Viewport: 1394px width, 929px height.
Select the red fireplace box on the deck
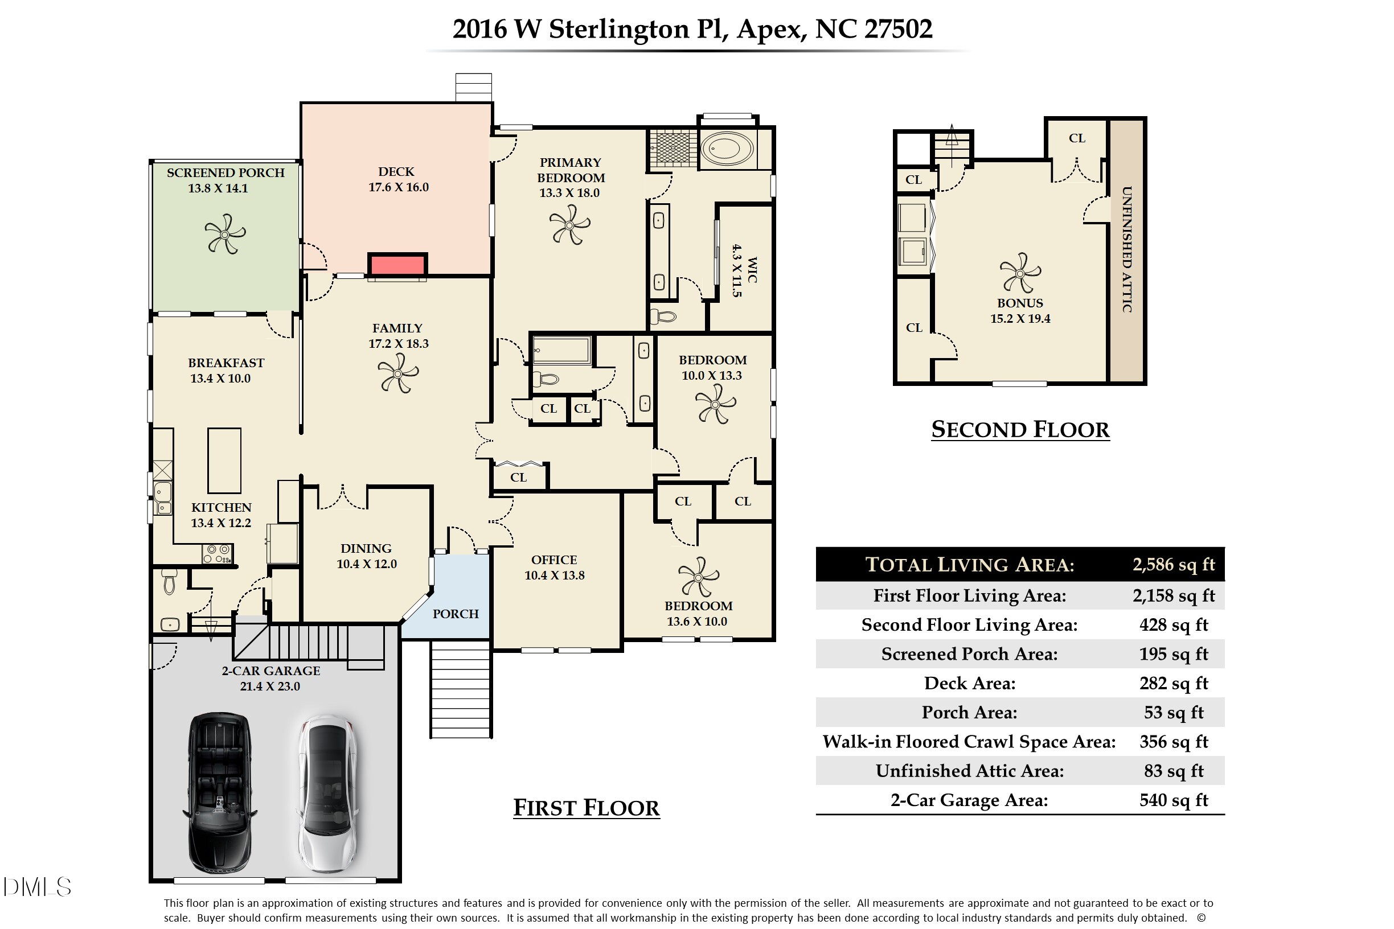(397, 264)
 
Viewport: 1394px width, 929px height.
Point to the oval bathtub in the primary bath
(727, 149)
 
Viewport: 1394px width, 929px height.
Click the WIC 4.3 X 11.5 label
(744, 270)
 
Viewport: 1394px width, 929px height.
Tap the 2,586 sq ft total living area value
(1173, 565)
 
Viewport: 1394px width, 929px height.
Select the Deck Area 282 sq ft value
(1173, 683)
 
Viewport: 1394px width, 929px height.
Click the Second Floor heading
(1019, 430)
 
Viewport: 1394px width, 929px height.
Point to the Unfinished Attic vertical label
(1127, 249)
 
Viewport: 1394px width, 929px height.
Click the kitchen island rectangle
(224, 461)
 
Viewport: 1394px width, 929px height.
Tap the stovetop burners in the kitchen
(217, 554)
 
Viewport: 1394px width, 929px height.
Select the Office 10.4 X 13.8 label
(554, 568)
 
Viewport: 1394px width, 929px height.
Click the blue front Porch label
(455, 614)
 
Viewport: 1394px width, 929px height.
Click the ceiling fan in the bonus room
(1020, 273)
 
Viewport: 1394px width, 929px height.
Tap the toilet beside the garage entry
(170, 581)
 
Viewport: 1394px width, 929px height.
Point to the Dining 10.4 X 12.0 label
(366, 556)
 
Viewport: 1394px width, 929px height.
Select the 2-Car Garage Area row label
(969, 800)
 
